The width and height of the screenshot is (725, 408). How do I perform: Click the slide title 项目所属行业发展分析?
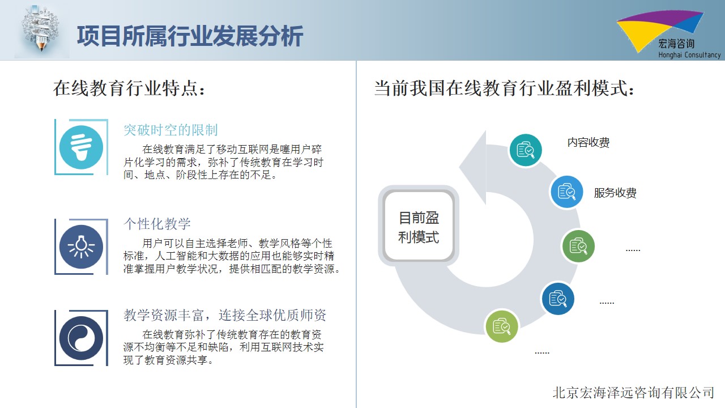(x=190, y=36)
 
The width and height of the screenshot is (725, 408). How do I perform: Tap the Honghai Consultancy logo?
(x=669, y=35)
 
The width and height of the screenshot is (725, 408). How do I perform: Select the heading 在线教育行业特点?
(x=129, y=88)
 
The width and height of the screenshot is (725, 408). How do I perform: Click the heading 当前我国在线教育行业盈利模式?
(x=504, y=88)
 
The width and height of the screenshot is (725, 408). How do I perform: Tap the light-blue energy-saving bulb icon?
(x=81, y=147)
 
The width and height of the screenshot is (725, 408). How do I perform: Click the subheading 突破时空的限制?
(x=170, y=130)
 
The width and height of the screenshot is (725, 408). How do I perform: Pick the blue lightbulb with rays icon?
(x=81, y=246)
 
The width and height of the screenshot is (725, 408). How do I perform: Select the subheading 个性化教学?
(x=157, y=224)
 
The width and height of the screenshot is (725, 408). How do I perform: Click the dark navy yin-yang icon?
(x=81, y=338)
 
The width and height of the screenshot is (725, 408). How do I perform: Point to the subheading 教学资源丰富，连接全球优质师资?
(x=225, y=315)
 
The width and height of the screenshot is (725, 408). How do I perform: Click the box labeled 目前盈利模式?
(x=419, y=226)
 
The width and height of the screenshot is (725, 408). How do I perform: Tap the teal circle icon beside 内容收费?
(x=526, y=150)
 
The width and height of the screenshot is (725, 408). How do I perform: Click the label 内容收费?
(x=588, y=142)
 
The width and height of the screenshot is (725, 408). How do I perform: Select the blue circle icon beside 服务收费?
(x=567, y=192)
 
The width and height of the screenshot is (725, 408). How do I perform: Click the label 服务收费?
(x=615, y=193)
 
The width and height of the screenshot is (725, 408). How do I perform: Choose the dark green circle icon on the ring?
(x=578, y=246)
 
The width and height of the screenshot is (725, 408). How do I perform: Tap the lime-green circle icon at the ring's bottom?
(x=502, y=326)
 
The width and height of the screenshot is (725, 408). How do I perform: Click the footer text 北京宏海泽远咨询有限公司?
(x=633, y=393)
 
